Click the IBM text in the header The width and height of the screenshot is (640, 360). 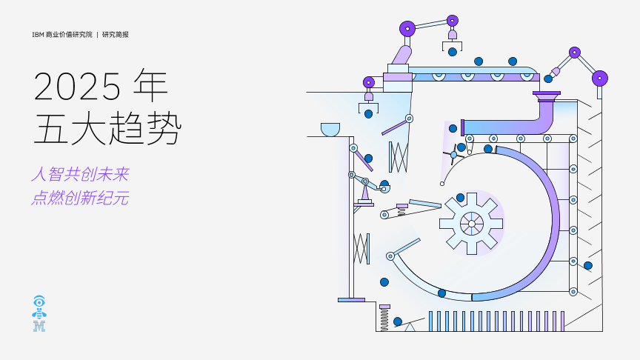click(38, 34)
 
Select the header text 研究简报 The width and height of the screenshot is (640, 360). click(116, 34)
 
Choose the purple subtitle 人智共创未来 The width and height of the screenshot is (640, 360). click(80, 175)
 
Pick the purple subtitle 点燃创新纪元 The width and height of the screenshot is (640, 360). click(80, 199)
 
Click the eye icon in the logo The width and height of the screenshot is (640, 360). click(39, 301)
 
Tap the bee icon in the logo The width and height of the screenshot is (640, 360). click(39, 313)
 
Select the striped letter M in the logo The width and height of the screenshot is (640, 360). click(39, 326)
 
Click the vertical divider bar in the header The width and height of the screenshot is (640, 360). click(98, 34)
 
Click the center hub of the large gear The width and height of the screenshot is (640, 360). click(471, 222)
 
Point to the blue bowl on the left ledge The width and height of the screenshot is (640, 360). click(330, 130)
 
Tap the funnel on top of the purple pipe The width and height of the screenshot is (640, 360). click(546, 96)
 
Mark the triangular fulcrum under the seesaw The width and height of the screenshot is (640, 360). click(410, 327)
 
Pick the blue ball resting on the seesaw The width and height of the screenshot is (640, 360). click(398, 321)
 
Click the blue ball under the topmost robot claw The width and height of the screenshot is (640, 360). click(452, 52)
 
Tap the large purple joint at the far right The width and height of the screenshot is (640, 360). click(600, 78)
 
